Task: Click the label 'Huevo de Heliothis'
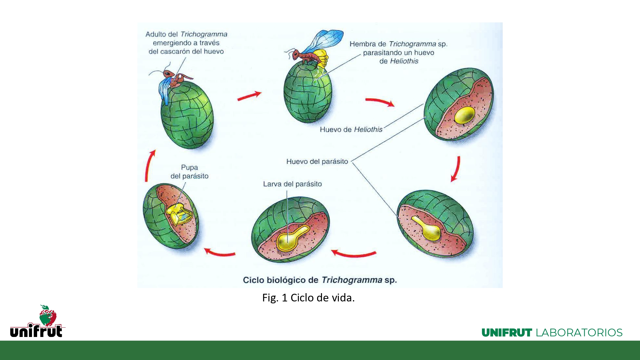click(x=351, y=129)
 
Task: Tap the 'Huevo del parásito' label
click(x=317, y=162)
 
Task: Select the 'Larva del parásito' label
click(x=292, y=184)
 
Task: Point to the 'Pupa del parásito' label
click(x=189, y=172)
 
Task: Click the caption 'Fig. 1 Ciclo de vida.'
click(x=308, y=298)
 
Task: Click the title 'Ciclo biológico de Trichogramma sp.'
click(x=320, y=280)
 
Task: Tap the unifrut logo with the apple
click(x=37, y=321)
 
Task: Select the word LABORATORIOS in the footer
click(x=579, y=332)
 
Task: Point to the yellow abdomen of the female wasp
click(x=321, y=59)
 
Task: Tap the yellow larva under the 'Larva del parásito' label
click(x=291, y=238)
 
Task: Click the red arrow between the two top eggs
click(x=249, y=96)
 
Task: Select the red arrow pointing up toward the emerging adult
click(x=149, y=166)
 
